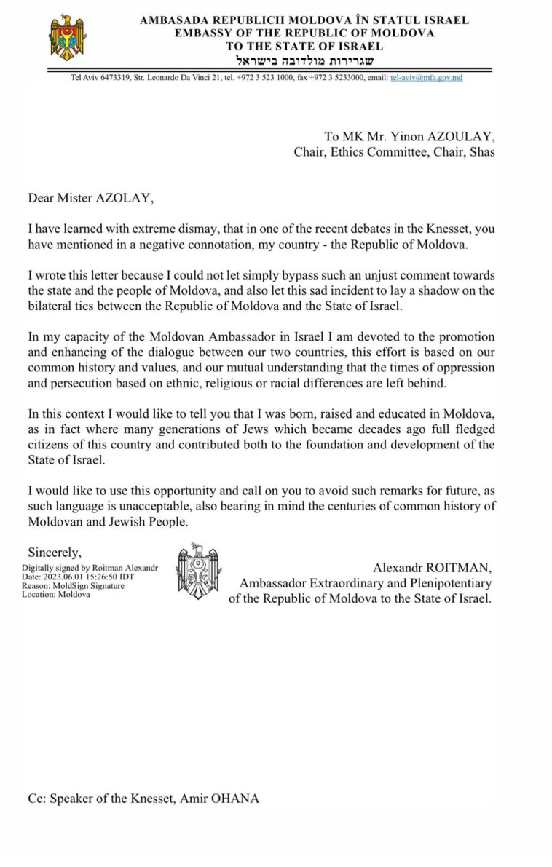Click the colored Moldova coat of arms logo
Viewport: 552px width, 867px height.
tap(67, 37)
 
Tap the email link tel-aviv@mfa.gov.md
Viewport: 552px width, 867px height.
tap(426, 77)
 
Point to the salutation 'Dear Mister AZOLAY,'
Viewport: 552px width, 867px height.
tap(92, 197)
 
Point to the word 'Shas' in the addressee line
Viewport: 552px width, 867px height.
tap(482, 151)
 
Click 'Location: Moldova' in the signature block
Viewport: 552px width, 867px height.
tap(56, 594)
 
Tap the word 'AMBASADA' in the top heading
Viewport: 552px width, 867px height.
tap(173, 20)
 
